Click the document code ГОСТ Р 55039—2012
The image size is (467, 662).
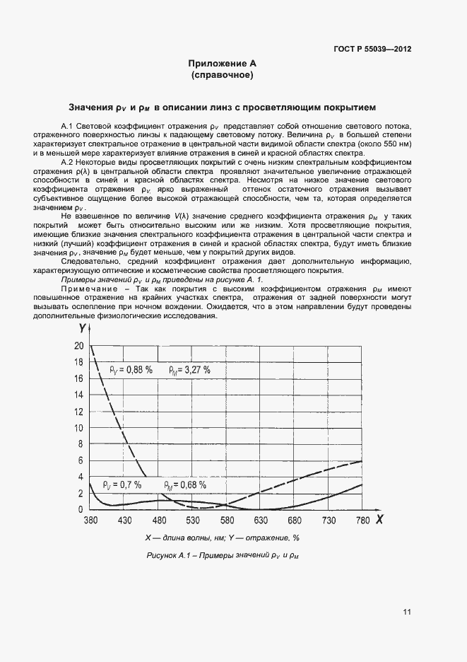372,50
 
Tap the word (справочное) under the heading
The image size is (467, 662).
222,74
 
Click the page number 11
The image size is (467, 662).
408,612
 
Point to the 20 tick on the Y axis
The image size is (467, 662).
78,346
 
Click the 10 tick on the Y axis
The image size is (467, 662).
78,427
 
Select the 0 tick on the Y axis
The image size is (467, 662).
81,509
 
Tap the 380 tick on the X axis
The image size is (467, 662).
90,521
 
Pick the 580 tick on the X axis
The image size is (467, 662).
226,521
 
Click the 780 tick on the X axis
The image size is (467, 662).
362,521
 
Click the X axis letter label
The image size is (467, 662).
379,520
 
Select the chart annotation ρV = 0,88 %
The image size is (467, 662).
131,369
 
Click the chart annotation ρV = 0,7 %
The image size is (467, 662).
122,485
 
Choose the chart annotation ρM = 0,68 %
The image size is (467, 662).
185,485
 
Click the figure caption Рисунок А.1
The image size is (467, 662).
222,555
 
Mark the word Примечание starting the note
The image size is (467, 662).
85,289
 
